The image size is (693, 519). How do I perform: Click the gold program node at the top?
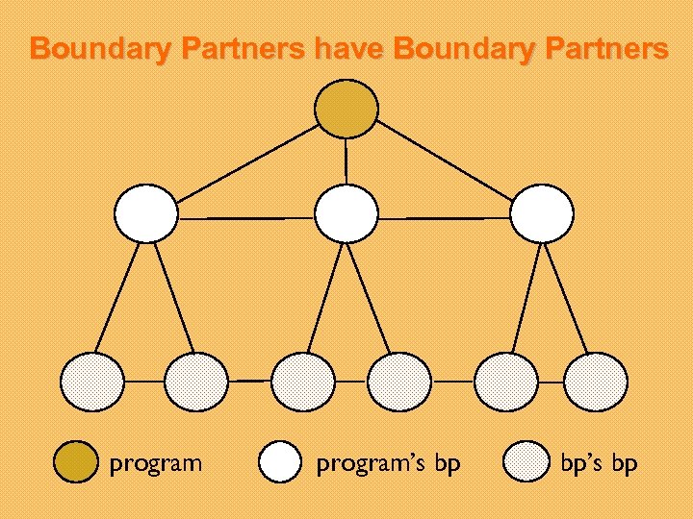tap(346, 107)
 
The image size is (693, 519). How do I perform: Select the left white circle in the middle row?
tap(146, 213)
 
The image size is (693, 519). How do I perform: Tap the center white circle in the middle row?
tap(346, 213)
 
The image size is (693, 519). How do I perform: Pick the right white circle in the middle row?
tap(542, 213)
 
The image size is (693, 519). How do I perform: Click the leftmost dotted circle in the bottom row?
tap(92, 382)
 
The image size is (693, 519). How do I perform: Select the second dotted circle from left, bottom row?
tap(195, 382)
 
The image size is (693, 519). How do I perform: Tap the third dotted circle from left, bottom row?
tap(302, 382)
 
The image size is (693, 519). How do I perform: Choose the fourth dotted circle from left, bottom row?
tap(400, 382)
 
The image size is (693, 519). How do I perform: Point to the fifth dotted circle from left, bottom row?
tap(506, 382)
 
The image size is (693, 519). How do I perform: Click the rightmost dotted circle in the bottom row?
tap(595, 382)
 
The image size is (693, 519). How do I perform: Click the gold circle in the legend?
tap(72, 462)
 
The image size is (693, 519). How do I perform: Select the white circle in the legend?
tap(281, 462)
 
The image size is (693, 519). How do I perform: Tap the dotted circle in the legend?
tap(527, 462)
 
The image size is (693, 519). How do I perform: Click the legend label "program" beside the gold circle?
tap(156, 464)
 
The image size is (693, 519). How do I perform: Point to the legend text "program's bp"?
tap(389, 464)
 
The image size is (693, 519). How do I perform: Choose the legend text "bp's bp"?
tap(599, 464)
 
